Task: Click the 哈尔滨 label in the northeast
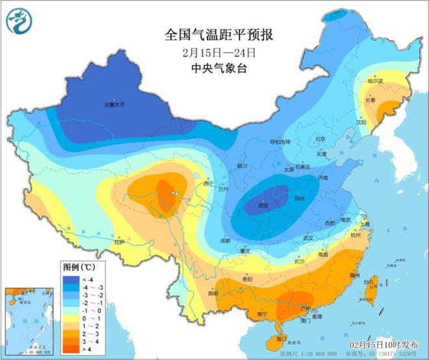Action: pyautogui.click(x=375, y=81)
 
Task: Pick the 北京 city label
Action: pyautogui.click(x=319, y=138)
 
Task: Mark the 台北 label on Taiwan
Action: pyautogui.click(x=370, y=281)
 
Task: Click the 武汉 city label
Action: pyautogui.click(x=307, y=237)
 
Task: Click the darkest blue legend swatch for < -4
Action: pyautogui.click(x=68, y=278)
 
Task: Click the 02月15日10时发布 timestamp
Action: pyautogui.click(x=389, y=342)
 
